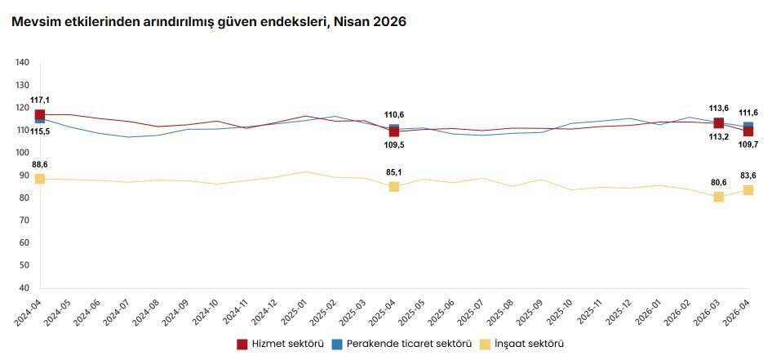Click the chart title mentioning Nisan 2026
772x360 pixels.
click(x=209, y=22)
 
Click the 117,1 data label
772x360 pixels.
click(x=40, y=100)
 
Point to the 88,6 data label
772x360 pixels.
click(x=40, y=165)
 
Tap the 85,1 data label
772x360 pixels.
click(x=394, y=172)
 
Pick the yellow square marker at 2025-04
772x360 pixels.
click(x=394, y=186)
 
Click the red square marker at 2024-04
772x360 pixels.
click(x=40, y=115)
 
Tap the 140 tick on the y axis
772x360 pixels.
click(x=22, y=62)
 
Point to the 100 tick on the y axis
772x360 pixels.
click(x=22, y=153)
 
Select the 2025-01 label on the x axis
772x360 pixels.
click(x=295, y=313)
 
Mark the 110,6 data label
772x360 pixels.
click(x=394, y=115)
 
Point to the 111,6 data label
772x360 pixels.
click(x=748, y=113)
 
